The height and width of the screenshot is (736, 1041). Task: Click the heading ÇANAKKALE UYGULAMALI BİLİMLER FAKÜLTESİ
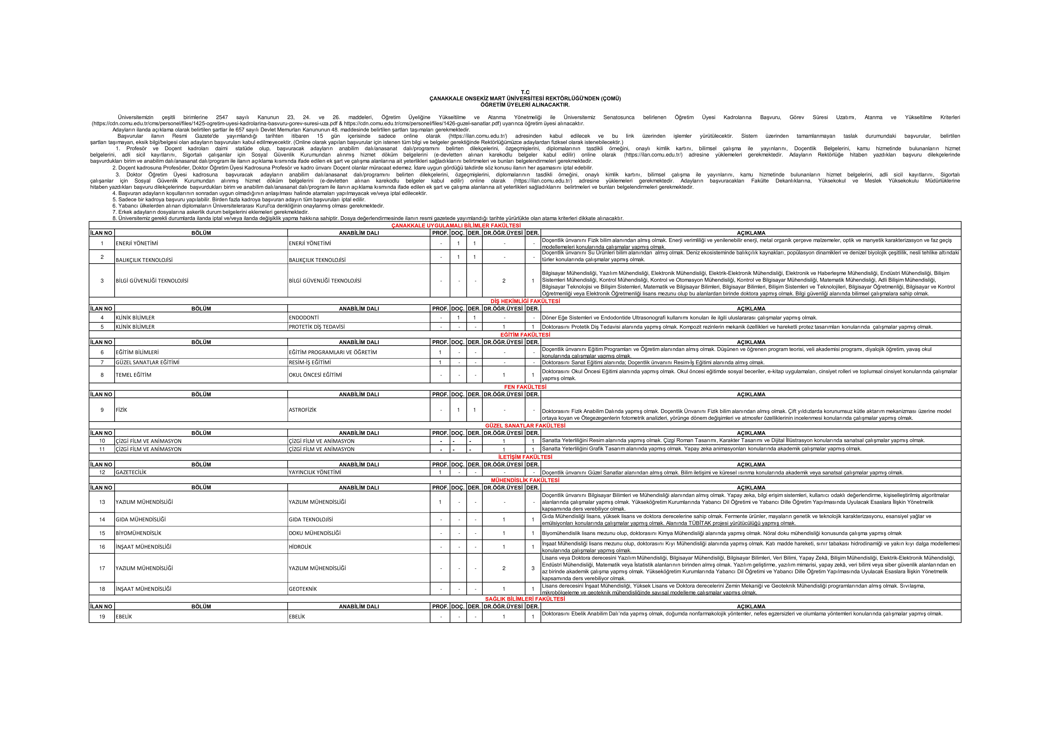[456, 225]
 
